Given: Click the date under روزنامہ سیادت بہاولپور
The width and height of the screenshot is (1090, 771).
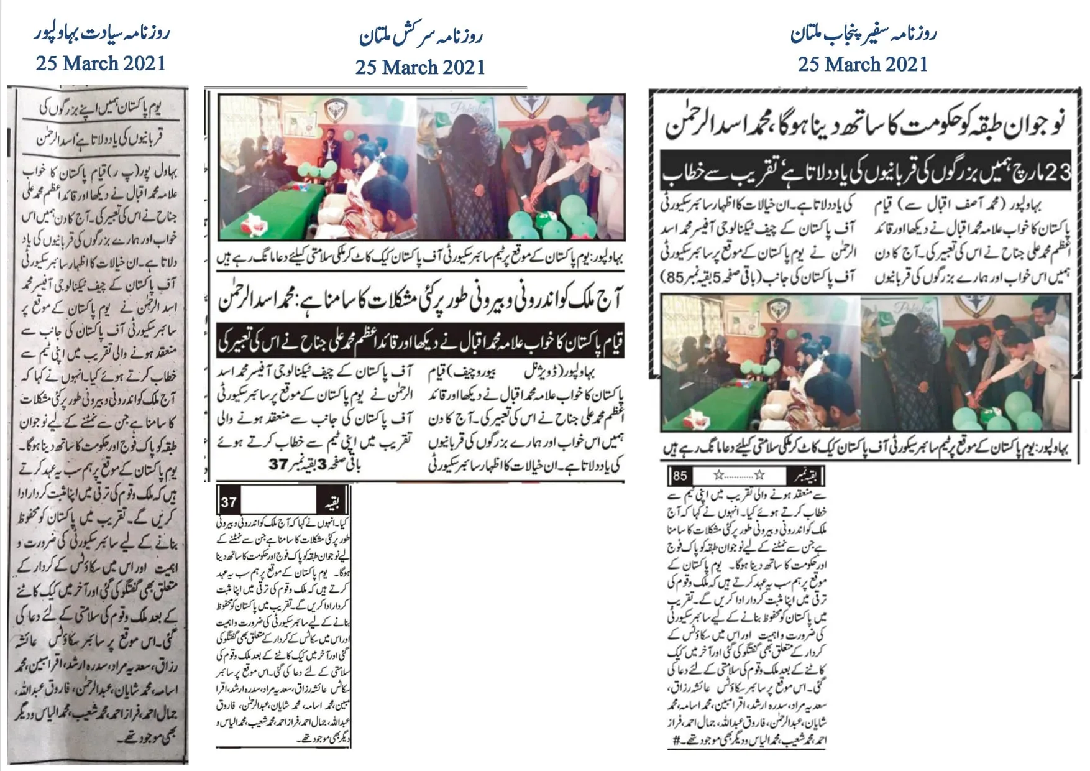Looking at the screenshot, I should point(101,63).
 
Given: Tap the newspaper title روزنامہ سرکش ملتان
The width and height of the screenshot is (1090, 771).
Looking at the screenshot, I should point(421,36).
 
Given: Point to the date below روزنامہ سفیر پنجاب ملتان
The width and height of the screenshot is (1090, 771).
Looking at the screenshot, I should point(863,64).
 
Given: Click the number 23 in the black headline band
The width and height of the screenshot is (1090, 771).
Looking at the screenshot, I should point(1057,172).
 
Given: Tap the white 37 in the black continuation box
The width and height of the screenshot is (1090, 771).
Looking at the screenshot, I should point(229,502).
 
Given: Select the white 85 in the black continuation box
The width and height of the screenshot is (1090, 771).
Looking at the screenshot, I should point(680,476).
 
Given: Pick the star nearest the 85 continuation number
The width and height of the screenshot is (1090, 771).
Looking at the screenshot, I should point(718,476).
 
